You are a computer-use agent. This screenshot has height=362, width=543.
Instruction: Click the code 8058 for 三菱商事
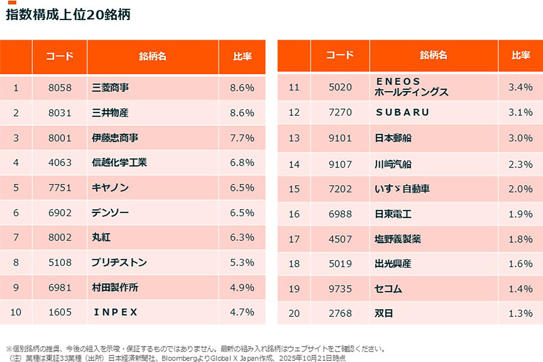point(60,88)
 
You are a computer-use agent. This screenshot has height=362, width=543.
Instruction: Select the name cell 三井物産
point(110,113)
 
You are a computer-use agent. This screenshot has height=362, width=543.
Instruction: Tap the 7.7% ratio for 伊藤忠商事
point(242,138)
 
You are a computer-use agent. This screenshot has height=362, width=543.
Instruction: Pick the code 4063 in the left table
point(60,163)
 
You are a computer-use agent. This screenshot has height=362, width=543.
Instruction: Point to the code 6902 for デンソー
point(60,213)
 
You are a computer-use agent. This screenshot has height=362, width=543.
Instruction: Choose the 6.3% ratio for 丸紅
point(242,238)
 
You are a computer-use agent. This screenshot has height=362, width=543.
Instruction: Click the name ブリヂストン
point(119,262)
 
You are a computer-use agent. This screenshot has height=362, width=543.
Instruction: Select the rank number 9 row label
point(16,288)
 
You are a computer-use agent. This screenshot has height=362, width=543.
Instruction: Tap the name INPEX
point(116,312)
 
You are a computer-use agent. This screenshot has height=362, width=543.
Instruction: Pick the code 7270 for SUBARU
point(340,112)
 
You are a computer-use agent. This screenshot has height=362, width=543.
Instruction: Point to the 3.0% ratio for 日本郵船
point(521,138)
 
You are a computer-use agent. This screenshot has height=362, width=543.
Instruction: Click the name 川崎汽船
point(393,164)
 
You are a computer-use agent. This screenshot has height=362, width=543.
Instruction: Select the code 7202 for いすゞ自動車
point(340,189)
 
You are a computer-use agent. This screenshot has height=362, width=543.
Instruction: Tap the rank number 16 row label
point(294,214)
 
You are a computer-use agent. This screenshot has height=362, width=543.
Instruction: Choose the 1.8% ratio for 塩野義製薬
point(521,239)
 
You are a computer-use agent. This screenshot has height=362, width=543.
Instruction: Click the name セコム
point(388,289)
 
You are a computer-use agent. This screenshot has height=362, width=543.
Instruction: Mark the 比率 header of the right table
point(521,55)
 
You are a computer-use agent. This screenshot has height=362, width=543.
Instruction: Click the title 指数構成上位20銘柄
point(68,15)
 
